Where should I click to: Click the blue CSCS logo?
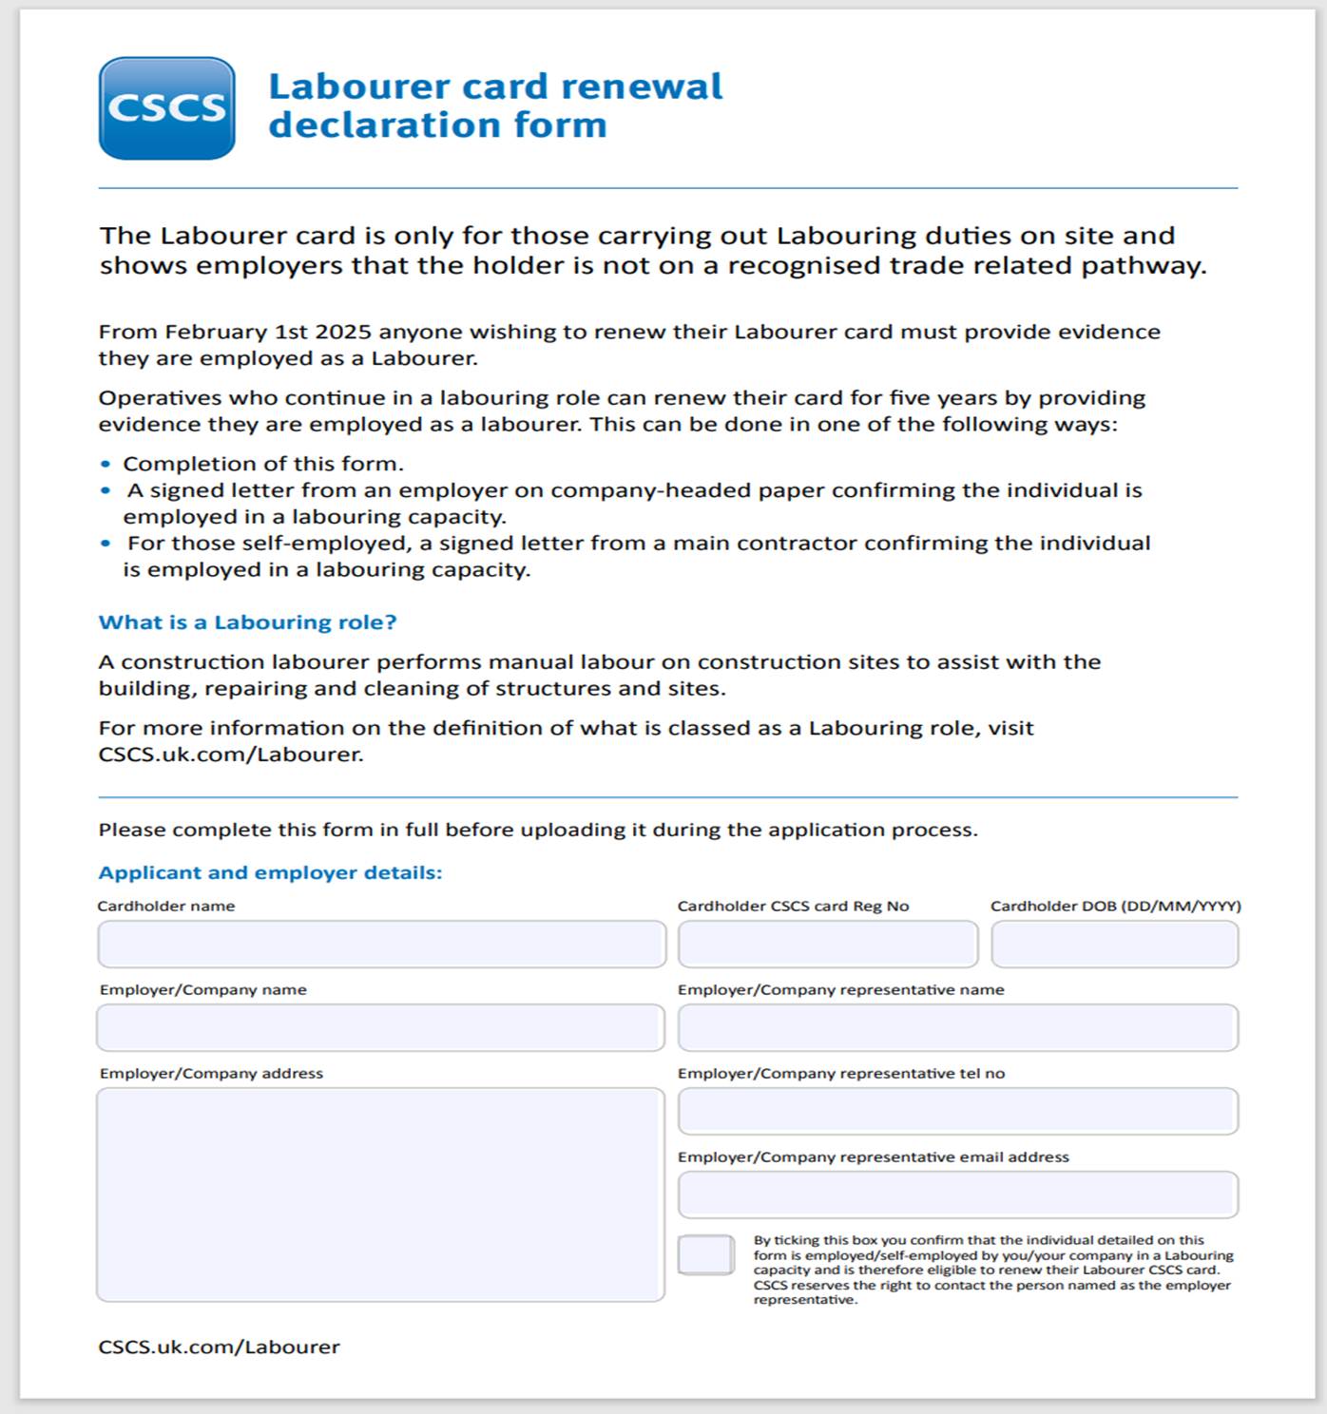pos(166,108)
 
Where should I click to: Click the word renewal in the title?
pos(643,86)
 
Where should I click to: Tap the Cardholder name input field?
pos(381,945)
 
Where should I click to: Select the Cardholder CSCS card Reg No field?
pos(827,945)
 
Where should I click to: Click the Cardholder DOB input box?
pos(1114,945)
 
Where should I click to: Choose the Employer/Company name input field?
pos(380,1028)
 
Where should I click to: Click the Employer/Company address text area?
pos(380,1194)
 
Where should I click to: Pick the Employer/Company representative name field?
pos(957,1028)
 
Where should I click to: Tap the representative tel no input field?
pos(957,1112)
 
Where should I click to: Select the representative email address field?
pos(957,1195)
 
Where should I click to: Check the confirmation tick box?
pos(705,1255)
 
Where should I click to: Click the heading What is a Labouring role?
pos(247,622)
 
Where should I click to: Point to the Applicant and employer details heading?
pos(270,872)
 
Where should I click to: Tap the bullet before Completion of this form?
pos(106,465)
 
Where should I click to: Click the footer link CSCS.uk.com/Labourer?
pos(219,1347)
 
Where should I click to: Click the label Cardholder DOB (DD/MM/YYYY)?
pos(1115,906)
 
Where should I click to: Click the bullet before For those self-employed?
pos(106,544)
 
